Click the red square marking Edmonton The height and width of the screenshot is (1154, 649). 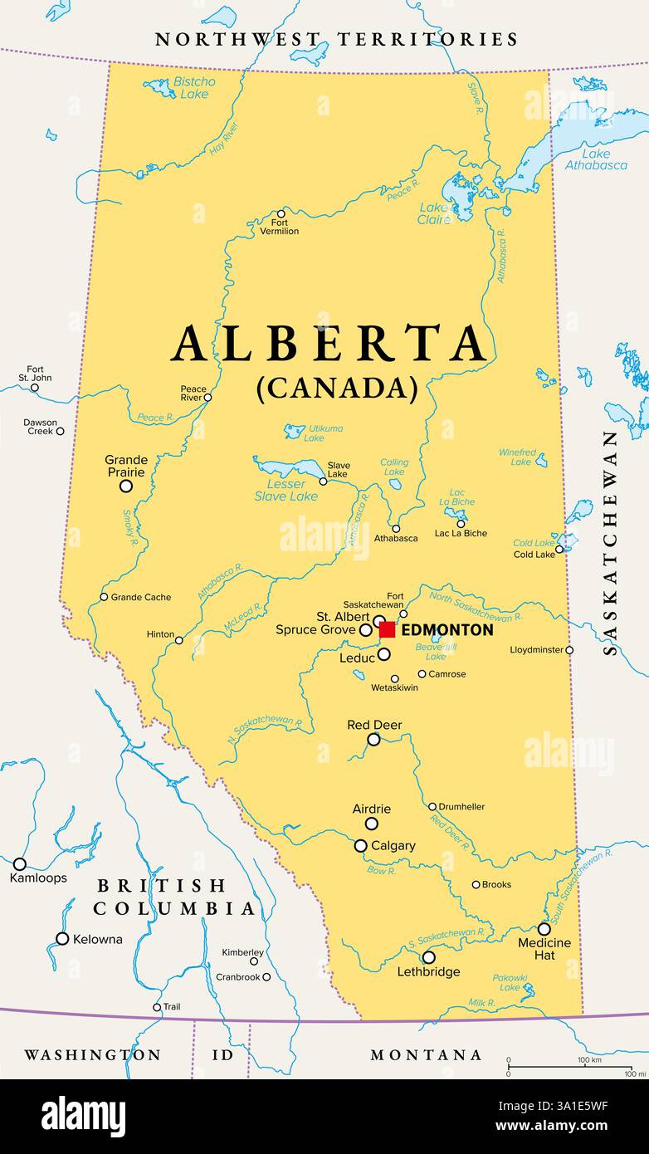(388, 629)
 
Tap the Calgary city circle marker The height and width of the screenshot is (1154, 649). (361, 846)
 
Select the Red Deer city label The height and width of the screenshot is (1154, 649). (374, 725)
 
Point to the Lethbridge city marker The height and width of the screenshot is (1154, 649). (428, 957)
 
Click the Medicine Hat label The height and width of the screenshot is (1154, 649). (544, 949)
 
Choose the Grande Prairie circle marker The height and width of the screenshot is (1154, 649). (126, 487)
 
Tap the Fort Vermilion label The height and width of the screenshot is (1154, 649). (279, 227)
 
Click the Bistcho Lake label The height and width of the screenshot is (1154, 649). (194, 87)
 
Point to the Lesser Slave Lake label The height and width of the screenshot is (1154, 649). (285, 490)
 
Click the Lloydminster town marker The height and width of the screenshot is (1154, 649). (569, 650)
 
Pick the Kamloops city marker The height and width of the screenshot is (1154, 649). (20, 863)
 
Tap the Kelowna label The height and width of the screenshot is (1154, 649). (97, 939)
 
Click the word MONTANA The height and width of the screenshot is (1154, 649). (426, 1055)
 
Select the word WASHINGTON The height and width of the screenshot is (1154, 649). (92, 1055)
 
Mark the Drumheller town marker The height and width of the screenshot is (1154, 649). (432, 806)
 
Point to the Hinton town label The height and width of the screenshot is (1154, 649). (160, 634)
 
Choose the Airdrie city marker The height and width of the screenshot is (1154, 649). (372, 824)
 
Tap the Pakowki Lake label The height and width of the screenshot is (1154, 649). (510, 983)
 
